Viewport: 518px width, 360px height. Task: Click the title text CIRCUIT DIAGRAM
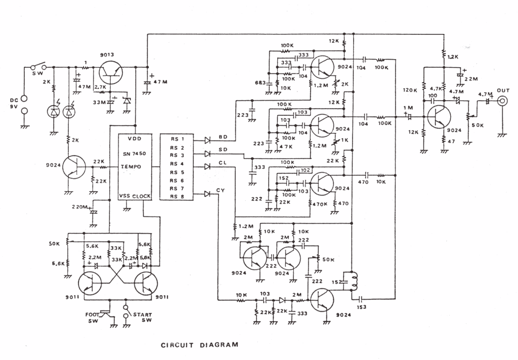pyautogui.click(x=199, y=346)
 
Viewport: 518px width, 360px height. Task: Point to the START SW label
pyautogui.click(x=143, y=318)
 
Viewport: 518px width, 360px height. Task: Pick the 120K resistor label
pyautogui.click(x=410, y=90)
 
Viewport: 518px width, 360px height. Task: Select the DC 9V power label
pyautogui.click(x=11, y=103)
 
